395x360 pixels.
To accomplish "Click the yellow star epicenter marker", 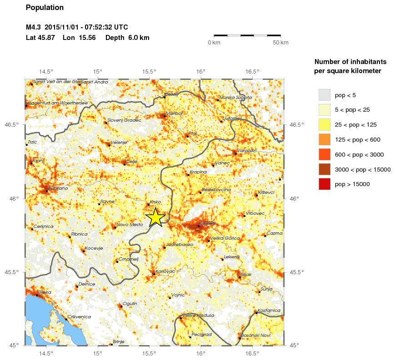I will [155, 217].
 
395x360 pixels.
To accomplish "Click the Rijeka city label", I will [45, 292].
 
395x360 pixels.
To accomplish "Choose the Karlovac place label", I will [165, 271].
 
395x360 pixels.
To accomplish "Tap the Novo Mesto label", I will [130, 224].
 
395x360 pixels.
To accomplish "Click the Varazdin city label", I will [247, 150].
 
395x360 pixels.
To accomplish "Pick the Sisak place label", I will [246, 274].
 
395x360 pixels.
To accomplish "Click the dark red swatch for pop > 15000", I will [324, 184].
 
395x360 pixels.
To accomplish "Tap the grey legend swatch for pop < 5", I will [324, 95].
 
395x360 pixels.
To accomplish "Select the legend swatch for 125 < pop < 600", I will [324, 139].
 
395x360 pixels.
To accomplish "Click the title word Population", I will [45, 8].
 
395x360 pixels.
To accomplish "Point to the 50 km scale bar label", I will [280, 43].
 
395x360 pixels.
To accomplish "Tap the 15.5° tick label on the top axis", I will [149, 71].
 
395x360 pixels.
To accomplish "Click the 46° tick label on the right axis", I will [294, 198].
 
